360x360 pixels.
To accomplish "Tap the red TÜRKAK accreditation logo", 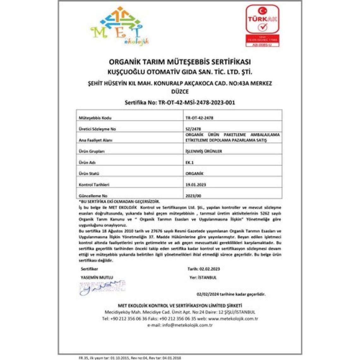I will pos(262,26).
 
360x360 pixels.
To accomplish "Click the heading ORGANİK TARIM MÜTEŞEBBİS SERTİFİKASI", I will pos(180,62).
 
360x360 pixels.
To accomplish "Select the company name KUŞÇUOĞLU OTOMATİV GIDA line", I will pos(180,72).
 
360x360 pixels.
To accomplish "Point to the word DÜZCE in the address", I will pos(180,92).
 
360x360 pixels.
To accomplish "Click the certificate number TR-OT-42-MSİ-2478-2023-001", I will pos(196,103).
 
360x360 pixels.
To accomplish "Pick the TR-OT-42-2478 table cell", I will pos(199,118).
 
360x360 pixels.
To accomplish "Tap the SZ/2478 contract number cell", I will pos(193,129).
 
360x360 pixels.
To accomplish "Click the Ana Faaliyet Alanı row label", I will pos(95,140).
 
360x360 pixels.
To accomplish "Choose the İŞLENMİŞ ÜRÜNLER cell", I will pos(204,151).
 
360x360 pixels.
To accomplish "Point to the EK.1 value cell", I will pos(189,162).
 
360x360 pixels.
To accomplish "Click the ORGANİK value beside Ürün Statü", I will pos(195,173).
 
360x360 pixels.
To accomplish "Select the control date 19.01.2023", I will pos(196,184).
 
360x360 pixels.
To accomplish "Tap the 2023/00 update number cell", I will pos(193,196).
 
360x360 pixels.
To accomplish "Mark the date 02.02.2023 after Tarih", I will pos(209,269).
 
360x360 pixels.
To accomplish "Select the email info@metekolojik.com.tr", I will pos(187,325).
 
